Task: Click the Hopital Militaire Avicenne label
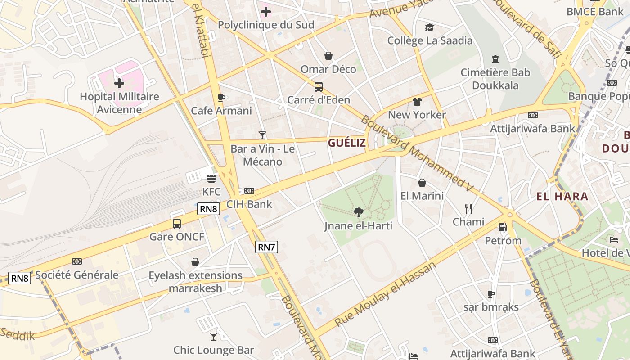[119, 103]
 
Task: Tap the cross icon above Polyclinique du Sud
[266, 11]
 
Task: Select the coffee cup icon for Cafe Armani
[221, 97]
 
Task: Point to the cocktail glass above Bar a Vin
[262, 135]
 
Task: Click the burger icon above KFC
[211, 178]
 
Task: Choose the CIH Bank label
[249, 204]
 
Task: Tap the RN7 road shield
[266, 247]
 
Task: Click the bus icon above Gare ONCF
[177, 224]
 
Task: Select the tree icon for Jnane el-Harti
[358, 212]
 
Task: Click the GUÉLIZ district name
[347, 143]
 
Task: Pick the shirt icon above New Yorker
[417, 102]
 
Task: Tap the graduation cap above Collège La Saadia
[430, 28]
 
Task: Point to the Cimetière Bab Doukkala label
[495, 79]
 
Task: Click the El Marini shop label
[422, 196]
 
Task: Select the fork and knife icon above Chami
[468, 208]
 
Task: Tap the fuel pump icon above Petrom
[503, 228]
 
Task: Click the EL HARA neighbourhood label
[562, 196]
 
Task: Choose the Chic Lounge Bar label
[214, 350]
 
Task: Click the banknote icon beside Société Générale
[77, 261]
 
